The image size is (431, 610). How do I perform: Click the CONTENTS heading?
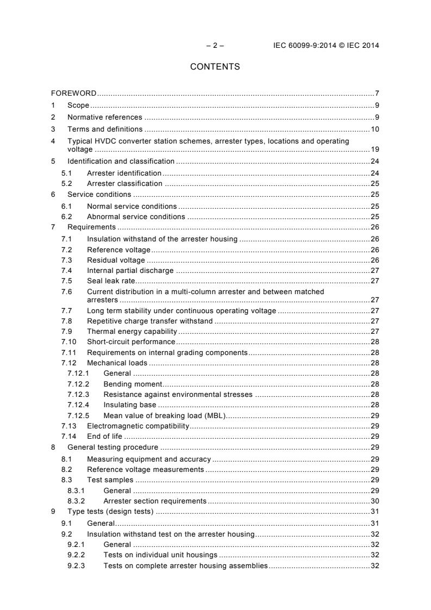pyautogui.click(x=215, y=67)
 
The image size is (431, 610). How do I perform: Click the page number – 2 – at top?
pyautogui.click(x=215, y=45)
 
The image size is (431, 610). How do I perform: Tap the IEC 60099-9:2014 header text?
pyautogui.click(x=326, y=45)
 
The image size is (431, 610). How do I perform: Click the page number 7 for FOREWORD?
pyautogui.click(x=377, y=93)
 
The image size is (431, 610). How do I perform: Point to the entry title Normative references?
pyautogui.click(x=104, y=117)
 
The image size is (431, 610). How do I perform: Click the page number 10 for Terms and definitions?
pyautogui.click(x=375, y=129)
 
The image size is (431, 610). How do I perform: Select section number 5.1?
pyautogui.click(x=66, y=173)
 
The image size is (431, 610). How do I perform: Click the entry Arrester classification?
pyautogui.click(x=124, y=183)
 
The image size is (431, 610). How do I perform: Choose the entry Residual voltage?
pyautogui.click(x=116, y=260)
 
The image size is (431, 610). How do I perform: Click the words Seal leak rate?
pyautogui.click(x=111, y=281)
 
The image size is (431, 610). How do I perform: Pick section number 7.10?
pyautogui.click(x=68, y=341)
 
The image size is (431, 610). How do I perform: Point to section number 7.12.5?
pyautogui.click(x=78, y=415)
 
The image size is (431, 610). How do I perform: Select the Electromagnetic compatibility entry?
pyautogui.click(x=138, y=426)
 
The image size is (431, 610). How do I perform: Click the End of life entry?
pyautogui.click(x=105, y=436)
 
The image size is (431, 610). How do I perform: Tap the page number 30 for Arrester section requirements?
pyautogui.click(x=375, y=501)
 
